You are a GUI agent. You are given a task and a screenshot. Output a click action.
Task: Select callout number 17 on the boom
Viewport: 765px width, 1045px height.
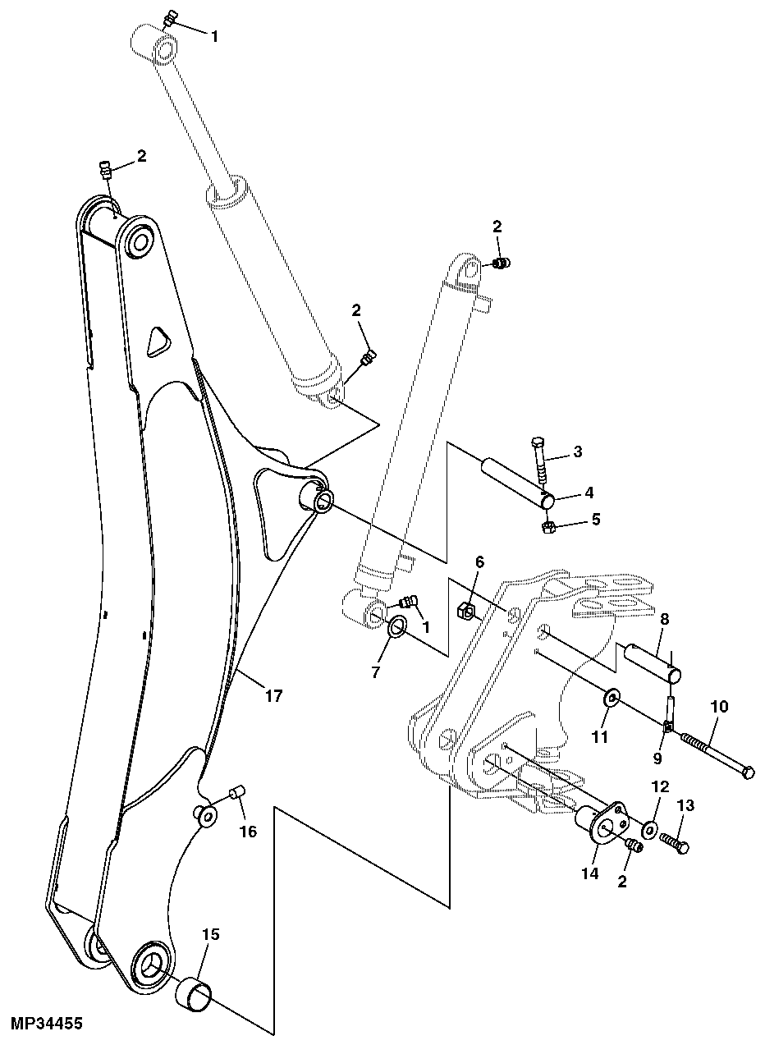click(273, 696)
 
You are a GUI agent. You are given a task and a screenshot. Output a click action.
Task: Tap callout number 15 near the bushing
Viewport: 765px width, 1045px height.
click(210, 934)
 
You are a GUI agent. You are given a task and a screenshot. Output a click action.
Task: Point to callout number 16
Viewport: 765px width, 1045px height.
click(248, 832)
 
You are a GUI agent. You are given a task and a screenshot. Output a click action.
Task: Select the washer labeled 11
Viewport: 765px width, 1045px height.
click(612, 699)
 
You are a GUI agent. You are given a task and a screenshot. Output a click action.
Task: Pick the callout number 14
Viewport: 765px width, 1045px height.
click(591, 873)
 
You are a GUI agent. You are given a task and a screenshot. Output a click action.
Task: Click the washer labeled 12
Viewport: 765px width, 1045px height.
click(649, 831)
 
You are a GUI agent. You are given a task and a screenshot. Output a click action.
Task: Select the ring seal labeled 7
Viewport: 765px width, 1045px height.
click(397, 628)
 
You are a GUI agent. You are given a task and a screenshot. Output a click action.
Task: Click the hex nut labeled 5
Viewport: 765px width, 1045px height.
click(550, 526)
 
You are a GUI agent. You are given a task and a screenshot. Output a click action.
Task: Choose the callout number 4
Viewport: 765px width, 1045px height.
click(588, 493)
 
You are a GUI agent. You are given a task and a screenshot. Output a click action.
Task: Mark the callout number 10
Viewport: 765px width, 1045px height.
click(718, 706)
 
